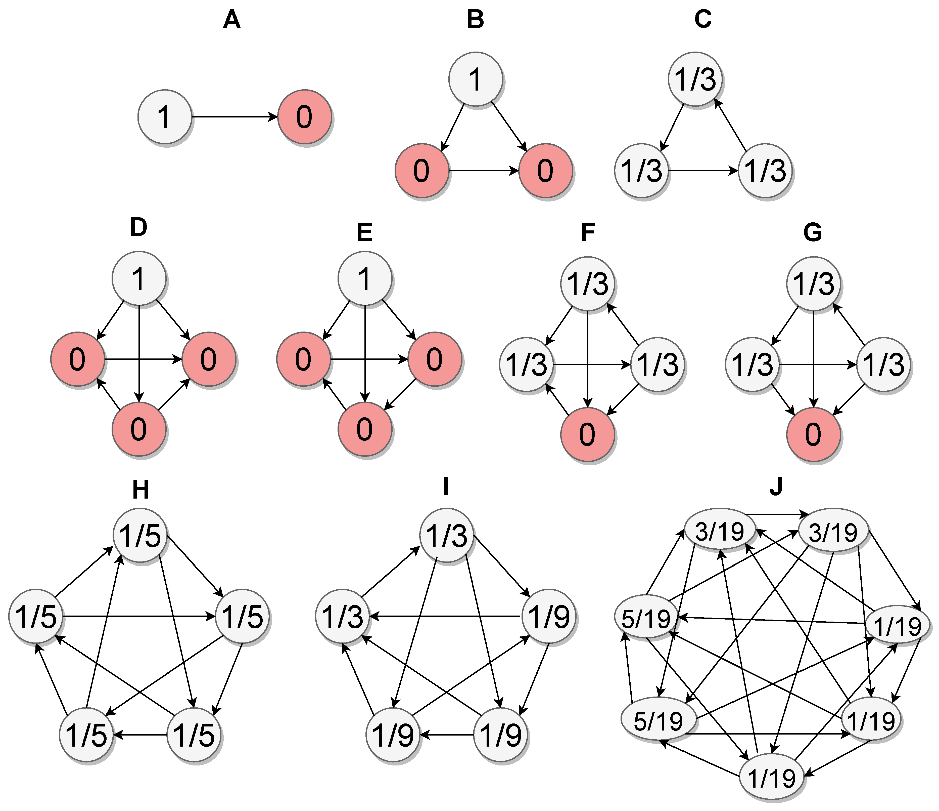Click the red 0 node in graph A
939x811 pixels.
pyautogui.click(x=305, y=117)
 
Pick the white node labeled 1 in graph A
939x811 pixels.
pyautogui.click(x=165, y=117)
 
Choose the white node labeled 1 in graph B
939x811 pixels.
pyautogui.click(x=475, y=79)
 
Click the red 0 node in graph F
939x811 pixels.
pyautogui.click(x=587, y=434)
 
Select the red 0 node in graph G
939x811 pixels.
pyautogui.click(x=813, y=434)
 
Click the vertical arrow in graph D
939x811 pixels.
pyautogui.click(x=139, y=354)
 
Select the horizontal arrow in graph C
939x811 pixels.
pyautogui.click(x=703, y=171)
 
